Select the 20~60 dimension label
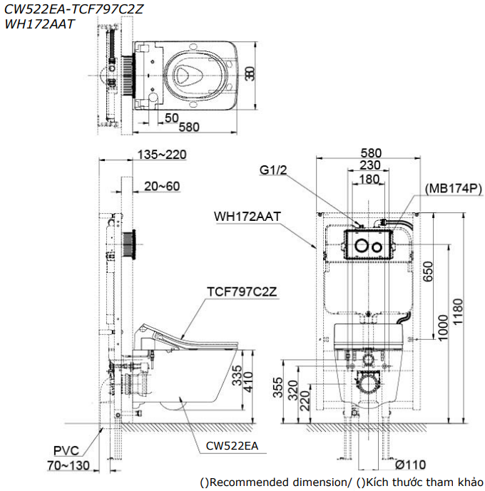tap(161, 186)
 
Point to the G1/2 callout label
tap(272, 170)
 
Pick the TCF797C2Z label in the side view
tap(237, 291)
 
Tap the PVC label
tap(66, 450)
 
